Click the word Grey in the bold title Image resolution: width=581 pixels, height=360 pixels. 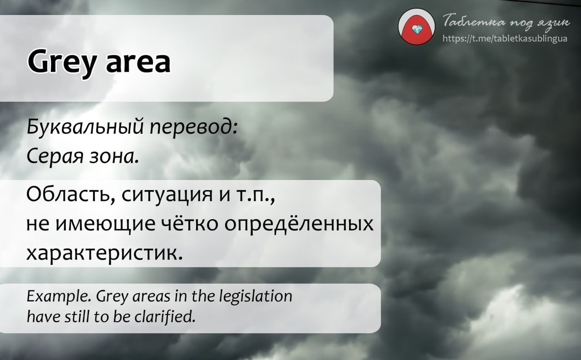[61, 63]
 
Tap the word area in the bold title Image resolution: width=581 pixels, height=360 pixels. [138, 62]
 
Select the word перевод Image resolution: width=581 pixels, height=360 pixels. [194, 128]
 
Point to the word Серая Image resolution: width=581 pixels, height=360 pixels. [55, 157]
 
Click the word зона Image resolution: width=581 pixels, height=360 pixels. [114, 157]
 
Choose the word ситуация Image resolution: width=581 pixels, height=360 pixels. [167, 196]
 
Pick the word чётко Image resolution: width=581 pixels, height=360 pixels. [190, 223]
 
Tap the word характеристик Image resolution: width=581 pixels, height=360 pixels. [105, 253]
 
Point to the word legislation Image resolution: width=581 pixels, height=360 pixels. [256, 296]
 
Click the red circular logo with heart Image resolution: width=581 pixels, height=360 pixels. [416, 27]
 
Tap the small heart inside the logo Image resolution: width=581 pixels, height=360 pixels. [417, 30]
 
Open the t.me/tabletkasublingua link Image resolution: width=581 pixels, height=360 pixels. [505, 39]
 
